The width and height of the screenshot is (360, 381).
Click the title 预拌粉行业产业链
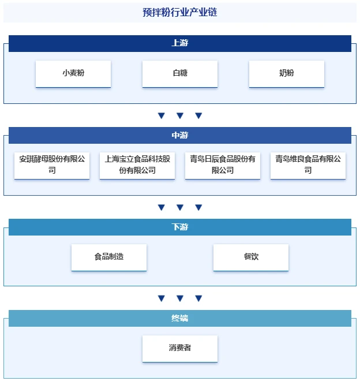(180, 12)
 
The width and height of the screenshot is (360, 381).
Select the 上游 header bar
(180, 43)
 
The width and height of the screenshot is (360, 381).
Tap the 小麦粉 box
(73, 74)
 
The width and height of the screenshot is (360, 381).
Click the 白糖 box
(180, 74)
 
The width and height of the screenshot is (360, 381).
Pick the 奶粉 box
(286, 74)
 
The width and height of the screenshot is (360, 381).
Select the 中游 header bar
(180, 135)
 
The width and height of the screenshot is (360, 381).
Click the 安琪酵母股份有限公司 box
(52, 166)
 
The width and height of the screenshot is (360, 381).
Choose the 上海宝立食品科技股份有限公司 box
(137, 166)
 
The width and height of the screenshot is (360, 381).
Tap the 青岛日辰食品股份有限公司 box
(223, 166)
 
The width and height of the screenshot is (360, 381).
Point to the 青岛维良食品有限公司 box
(308, 166)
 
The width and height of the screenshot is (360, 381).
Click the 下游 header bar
(180, 227)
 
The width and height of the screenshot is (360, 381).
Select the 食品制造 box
(109, 257)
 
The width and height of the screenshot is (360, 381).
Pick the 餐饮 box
(251, 257)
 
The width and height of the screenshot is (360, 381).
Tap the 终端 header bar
(180, 318)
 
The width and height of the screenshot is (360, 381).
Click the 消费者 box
(180, 349)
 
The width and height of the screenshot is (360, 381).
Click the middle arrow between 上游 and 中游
(180, 115)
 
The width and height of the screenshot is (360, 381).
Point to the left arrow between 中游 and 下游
(162, 207)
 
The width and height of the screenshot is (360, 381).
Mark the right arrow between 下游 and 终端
(198, 298)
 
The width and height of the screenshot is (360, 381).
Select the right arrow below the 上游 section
(198, 115)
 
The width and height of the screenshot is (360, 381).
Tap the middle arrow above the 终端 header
(180, 298)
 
